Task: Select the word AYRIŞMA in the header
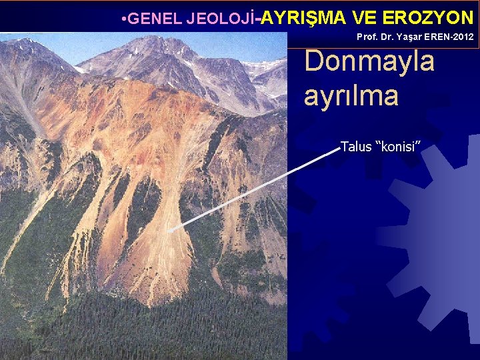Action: tap(299, 17)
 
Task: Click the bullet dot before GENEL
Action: tap(125, 18)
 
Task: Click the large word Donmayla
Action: tap(369, 61)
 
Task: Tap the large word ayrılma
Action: tap(351, 96)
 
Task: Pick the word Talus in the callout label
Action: tap(357, 146)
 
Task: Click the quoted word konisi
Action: tap(398, 146)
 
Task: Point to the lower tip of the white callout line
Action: tap(169, 231)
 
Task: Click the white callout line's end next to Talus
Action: tap(339, 149)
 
